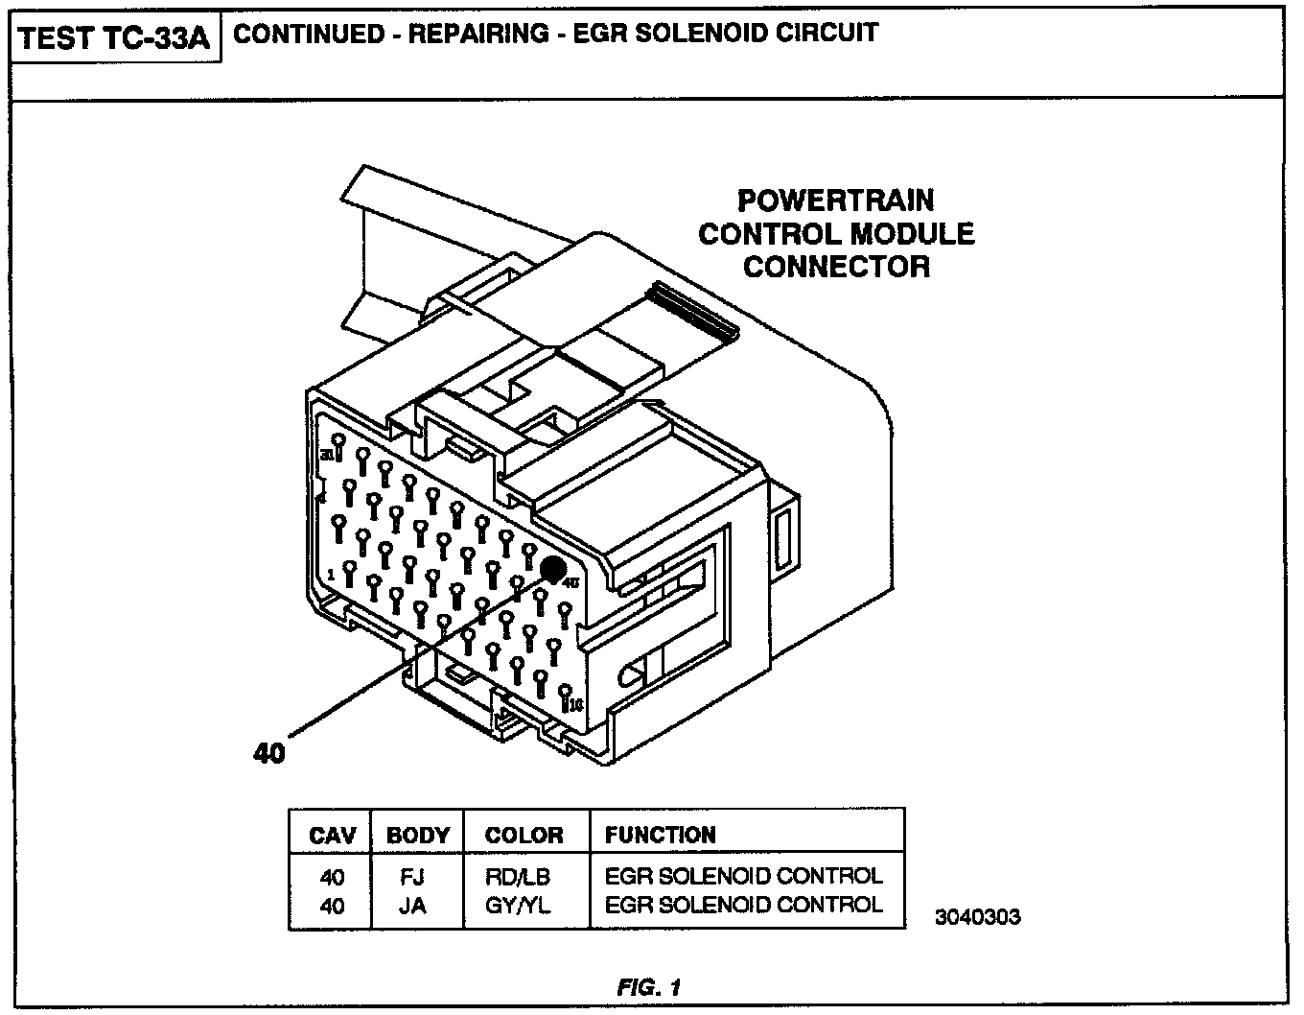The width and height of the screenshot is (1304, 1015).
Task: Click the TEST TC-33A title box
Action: click(115, 39)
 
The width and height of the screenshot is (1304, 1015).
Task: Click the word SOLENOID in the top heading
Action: click(687, 34)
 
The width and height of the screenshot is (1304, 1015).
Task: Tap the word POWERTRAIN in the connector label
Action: click(835, 201)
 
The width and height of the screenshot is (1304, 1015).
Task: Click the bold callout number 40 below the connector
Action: click(269, 753)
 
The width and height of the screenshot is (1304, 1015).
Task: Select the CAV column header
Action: click(333, 836)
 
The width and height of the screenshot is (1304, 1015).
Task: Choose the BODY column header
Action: click(417, 836)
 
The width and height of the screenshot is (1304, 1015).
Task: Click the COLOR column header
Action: click(524, 836)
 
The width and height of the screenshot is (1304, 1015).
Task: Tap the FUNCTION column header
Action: click(661, 836)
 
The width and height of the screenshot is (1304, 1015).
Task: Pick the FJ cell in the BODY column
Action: click(412, 877)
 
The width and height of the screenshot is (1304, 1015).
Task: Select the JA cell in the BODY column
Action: click(412, 905)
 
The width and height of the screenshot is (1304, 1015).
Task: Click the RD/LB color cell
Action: click(518, 877)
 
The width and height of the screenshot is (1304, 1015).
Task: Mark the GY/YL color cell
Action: click(518, 905)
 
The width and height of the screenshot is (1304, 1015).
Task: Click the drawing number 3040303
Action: click(978, 917)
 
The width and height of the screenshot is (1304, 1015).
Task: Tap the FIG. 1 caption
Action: click(649, 986)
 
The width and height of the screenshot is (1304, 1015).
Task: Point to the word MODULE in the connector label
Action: click(913, 234)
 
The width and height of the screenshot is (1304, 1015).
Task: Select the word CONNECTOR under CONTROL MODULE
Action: click(836, 267)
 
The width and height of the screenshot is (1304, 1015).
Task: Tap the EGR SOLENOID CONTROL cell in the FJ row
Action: click(743, 877)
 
